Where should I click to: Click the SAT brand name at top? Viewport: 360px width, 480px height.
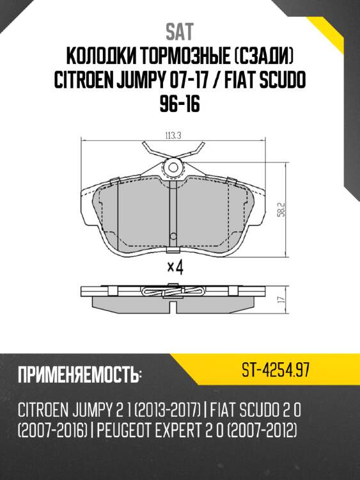click(180, 31)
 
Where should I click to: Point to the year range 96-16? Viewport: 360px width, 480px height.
click(180, 104)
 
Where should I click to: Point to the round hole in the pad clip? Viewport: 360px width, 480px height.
click(173, 168)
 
